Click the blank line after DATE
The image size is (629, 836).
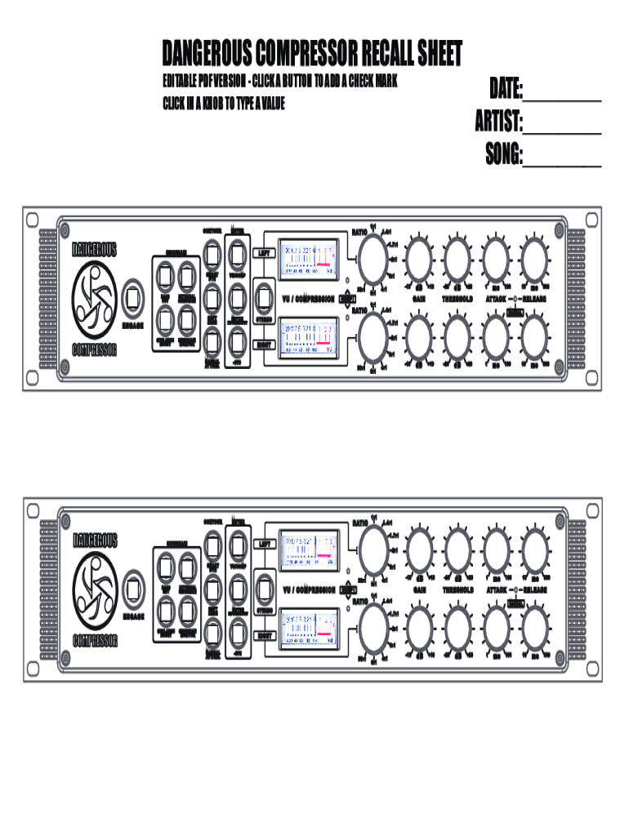tap(562, 91)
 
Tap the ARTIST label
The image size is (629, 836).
tap(499, 122)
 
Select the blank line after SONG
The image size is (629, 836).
tap(562, 157)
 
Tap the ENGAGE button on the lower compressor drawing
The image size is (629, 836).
tap(133, 589)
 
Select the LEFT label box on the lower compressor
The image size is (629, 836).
tap(264, 542)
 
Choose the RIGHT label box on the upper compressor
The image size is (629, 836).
tap(264, 345)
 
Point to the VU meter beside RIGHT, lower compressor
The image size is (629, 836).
tap(307, 630)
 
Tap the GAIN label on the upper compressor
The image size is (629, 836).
tap(419, 300)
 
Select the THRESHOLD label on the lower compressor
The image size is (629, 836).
tap(458, 589)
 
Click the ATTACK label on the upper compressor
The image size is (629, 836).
tap(497, 300)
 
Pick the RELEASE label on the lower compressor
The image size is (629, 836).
tap(534, 589)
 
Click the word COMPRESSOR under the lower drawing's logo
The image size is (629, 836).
tap(95, 641)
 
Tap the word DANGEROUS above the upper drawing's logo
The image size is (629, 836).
tap(95, 248)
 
